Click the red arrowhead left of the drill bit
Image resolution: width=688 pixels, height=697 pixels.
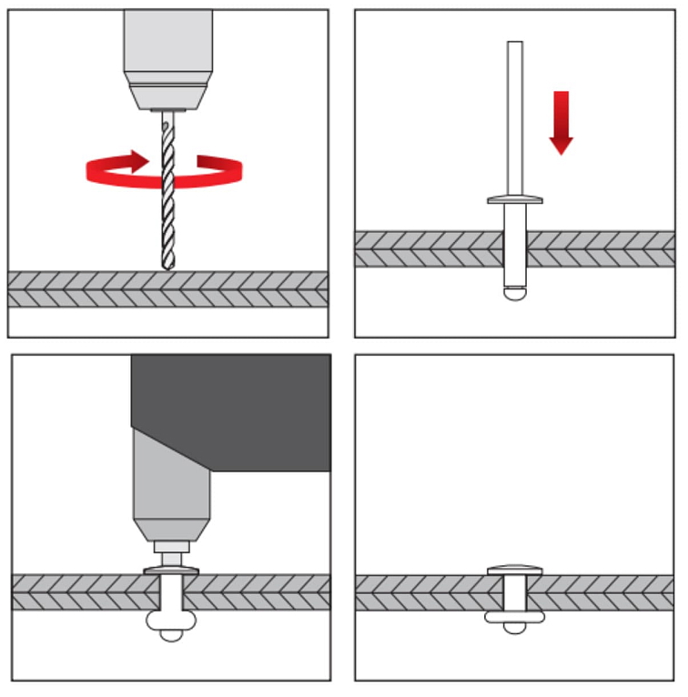(137, 161)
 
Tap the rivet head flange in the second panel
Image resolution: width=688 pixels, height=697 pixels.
(515, 199)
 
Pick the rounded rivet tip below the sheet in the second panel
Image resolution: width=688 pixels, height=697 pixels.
(515, 293)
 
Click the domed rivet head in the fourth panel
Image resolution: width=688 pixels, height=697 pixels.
(515, 570)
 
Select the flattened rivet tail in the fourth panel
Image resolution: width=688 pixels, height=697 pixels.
(515, 617)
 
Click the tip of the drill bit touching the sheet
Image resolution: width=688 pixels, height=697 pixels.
(167, 265)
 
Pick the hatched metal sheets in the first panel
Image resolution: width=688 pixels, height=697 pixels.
(91, 288)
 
